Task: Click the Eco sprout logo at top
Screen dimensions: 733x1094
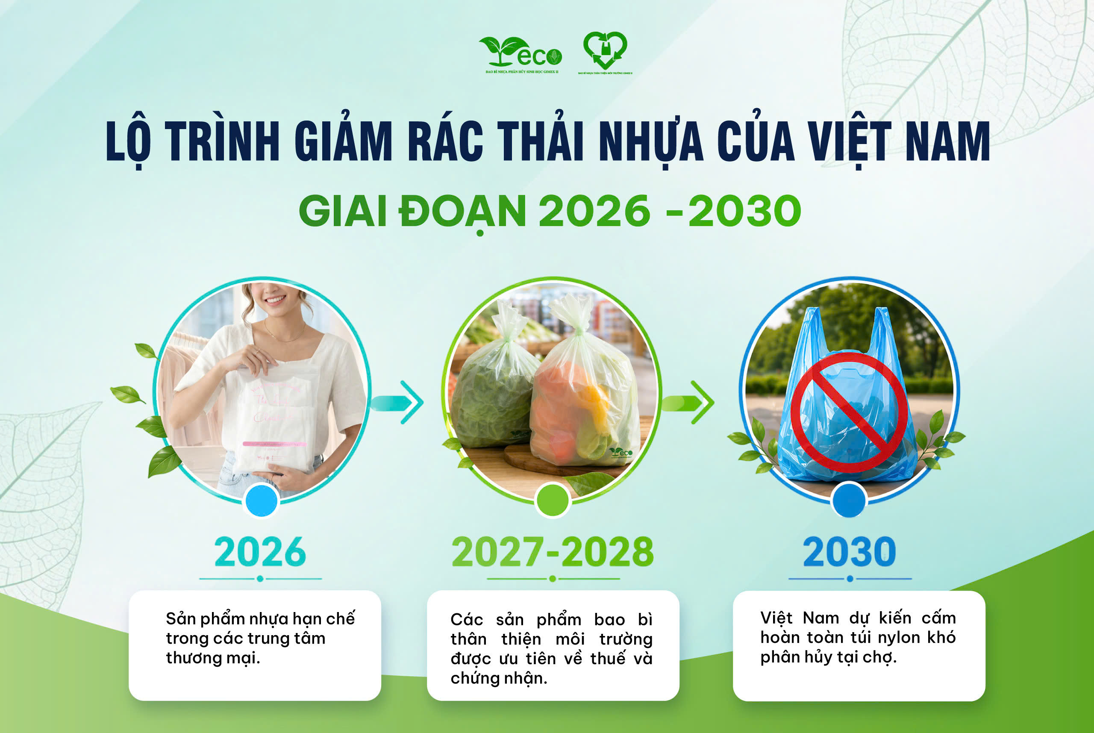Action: [x=520, y=53]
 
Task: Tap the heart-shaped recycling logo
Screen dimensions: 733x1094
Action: [x=605, y=50]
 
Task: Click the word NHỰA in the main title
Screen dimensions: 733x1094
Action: [x=650, y=141]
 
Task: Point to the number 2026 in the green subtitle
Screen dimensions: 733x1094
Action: [x=594, y=211]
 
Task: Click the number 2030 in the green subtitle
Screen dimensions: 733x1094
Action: [x=744, y=211]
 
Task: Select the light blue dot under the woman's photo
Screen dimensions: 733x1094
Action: [x=262, y=500]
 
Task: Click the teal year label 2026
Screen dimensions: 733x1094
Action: [x=260, y=552]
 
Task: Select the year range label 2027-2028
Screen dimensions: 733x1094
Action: [x=553, y=552]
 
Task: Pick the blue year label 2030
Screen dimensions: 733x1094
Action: [x=849, y=552]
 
